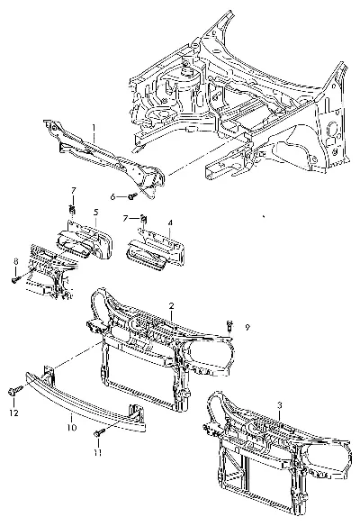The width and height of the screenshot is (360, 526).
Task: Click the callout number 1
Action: (94, 128)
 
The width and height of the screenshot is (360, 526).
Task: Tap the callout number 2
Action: (172, 306)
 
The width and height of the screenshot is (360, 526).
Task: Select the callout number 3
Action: (280, 406)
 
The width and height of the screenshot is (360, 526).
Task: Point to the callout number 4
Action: (170, 222)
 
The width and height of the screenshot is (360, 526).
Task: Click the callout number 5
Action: (96, 212)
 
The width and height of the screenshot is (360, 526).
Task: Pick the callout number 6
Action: (113, 197)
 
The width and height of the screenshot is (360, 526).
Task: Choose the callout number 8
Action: (15, 260)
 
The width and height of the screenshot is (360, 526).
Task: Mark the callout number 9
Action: (247, 328)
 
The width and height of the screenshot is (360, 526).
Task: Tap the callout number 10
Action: (72, 427)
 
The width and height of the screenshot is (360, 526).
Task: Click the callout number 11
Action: (97, 452)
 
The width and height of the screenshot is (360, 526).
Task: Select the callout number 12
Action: (13, 413)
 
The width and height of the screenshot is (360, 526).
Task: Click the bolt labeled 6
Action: (133, 196)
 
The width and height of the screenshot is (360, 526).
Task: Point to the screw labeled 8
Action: (15, 279)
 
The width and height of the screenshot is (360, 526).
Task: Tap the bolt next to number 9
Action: (229, 324)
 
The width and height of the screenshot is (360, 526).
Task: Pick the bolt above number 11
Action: (99, 433)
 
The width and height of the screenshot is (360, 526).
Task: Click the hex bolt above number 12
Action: (14, 390)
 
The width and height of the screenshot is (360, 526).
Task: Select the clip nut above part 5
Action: (72, 210)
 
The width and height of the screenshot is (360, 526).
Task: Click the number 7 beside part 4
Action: (125, 219)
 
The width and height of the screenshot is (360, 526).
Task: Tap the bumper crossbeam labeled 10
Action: (85, 398)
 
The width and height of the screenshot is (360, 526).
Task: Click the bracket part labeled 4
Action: (157, 249)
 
